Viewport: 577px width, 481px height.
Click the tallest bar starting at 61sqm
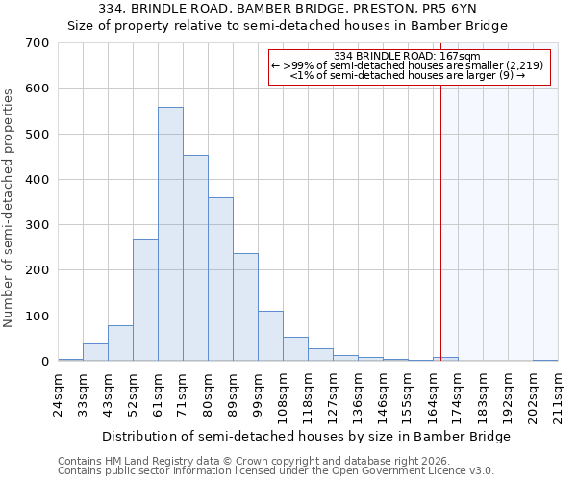click(170, 234)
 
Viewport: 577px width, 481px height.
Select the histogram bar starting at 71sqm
click(195, 258)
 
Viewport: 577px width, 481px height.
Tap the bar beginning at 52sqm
click(145, 299)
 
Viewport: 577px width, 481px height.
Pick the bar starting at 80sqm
click(220, 279)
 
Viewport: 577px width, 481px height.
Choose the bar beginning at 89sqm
click(245, 307)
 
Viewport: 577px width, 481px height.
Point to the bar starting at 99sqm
click(270, 336)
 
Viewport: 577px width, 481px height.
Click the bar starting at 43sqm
click(120, 343)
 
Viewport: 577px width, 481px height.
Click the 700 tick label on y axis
click(38, 43)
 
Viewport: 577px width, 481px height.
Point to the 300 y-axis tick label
click(38, 225)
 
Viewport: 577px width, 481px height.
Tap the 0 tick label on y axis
click(45, 362)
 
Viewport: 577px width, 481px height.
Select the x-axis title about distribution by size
click(306, 436)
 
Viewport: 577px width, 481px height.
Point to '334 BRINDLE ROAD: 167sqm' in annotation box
click(407, 56)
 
